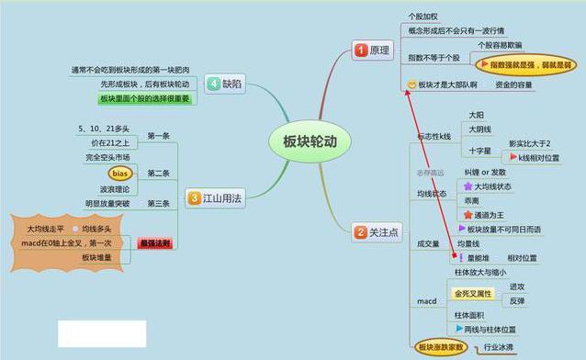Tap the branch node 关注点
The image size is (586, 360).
(x=383, y=233)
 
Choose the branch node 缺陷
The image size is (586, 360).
(x=233, y=83)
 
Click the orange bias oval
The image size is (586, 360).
(x=119, y=173)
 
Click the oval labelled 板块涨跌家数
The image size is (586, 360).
(x=441, y=347)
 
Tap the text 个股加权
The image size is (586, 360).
(x=425, y=17)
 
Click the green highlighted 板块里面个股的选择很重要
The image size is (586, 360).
(x=146, y=98)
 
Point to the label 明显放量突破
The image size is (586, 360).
(x=107, y=204)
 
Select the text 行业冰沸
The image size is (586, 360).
(x=500, y=347)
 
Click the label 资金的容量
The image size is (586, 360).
(x=513, y=84)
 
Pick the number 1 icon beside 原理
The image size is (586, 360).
(x=361, y=50)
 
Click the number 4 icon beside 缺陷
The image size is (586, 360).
(x=213, y=83)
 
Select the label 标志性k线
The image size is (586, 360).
(x=434, y=136)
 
